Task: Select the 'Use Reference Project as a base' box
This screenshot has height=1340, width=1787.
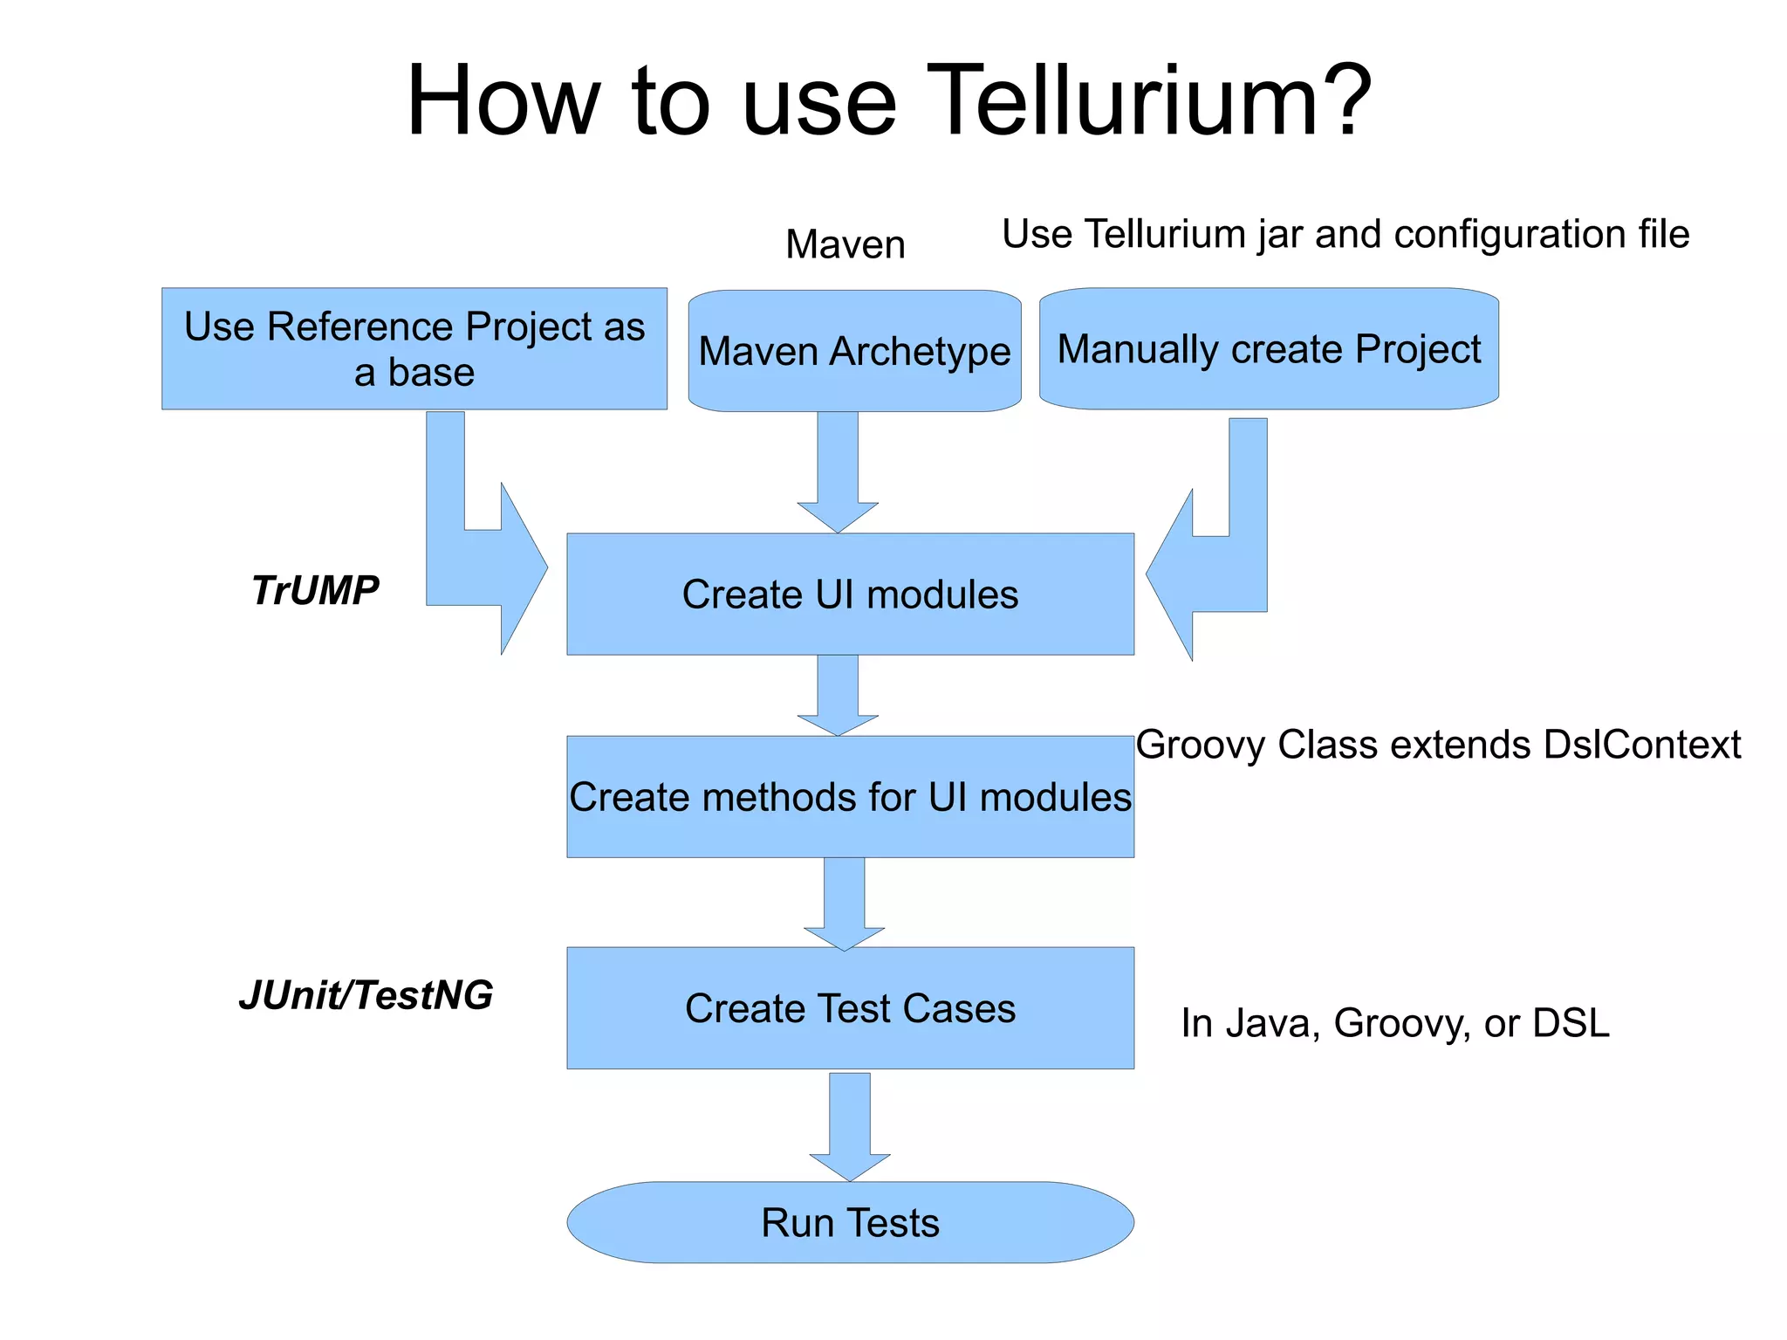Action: click(x=414, y=348)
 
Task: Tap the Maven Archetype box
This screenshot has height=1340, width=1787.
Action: click(x=854, y=351)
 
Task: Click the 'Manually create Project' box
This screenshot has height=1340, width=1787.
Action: click(x=1268, y=348)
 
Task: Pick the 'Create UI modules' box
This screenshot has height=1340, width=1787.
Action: click(x=850, y=594)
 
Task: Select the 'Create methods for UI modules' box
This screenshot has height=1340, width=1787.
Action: click(x=850, y=797)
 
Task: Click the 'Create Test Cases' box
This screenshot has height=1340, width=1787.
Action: click(x=850, y=1007)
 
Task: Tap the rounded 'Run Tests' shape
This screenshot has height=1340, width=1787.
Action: click(x=850, y=1222)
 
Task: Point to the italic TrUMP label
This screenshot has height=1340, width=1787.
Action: click(x=315, y=590)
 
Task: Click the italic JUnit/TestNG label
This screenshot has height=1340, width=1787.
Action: click(x=366, y=995)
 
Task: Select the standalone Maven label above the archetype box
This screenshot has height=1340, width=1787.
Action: click(x=845, y=244)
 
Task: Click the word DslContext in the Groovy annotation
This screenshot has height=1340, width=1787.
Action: click(x=1641, y=745)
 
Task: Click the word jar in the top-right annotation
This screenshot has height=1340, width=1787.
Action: click(x=1281, y=234)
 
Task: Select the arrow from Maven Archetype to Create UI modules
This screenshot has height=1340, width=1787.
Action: click(x=838, y=471)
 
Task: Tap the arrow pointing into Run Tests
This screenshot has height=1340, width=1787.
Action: click(x=849, y=1126)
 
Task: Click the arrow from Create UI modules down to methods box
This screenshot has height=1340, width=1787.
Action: click(x=838, y=695)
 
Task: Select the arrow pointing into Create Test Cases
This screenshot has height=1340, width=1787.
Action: click(x=844, y=904)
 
